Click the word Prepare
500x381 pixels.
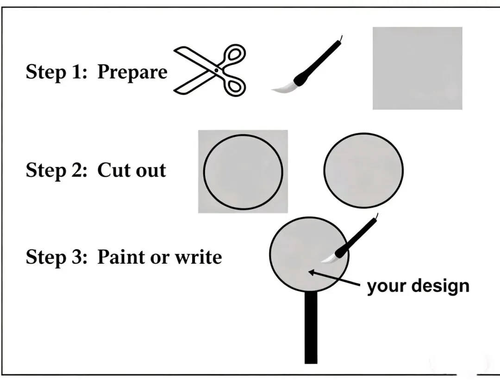click(x=132, y=73)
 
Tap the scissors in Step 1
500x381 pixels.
click(x=210, y=70)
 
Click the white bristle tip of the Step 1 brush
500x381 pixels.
click(x=283, y=87)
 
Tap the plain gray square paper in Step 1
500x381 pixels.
click(x=418, y=68)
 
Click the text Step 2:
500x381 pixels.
click(x=56, y=170)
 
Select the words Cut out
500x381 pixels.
click(x=131, y=170)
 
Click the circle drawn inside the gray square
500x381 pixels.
click(x=204, y=172)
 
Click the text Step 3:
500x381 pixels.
click(x=56, y=257)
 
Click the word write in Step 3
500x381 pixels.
click(x=198, y=257)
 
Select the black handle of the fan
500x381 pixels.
click(x=311, y=327)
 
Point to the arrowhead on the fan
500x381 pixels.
click(x=311, y=272)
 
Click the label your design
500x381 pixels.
click(x=418, y=286)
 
